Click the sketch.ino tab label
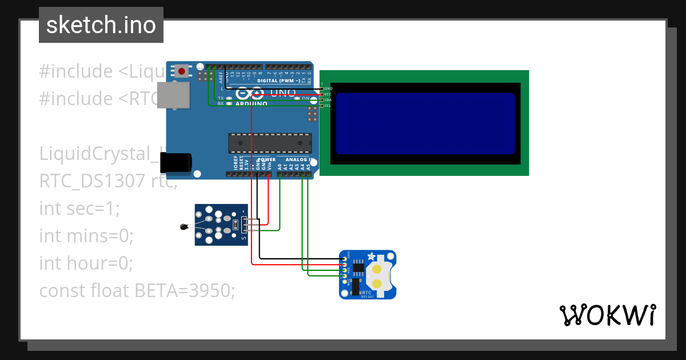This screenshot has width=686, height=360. tap(101, 25)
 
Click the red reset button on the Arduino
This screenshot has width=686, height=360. tap(182, 71)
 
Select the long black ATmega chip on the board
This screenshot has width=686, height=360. tap(270, 143)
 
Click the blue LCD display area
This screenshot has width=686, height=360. tap(425, 123)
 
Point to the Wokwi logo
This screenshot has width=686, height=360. tap(607, 315)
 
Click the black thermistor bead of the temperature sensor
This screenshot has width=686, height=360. tap(184, 227)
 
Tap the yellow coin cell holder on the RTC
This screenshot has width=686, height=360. tap(377, 275)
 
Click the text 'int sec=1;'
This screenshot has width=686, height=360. tap(79, 209)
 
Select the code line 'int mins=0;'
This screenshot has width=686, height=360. tap(86, 235)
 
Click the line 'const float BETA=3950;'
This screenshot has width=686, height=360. tap(137, 290)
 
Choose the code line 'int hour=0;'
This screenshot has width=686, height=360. tap(86, 263)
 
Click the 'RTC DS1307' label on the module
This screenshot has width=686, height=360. tap(368, 294)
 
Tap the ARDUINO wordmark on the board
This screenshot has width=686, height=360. tap(251, 104)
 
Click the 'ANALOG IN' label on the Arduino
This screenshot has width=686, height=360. tap(300, 159)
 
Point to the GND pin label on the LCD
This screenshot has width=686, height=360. tap(328, 89)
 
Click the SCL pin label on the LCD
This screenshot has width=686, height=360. tap(328, 106)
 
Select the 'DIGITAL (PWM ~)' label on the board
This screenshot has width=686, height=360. tap(278, 81)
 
